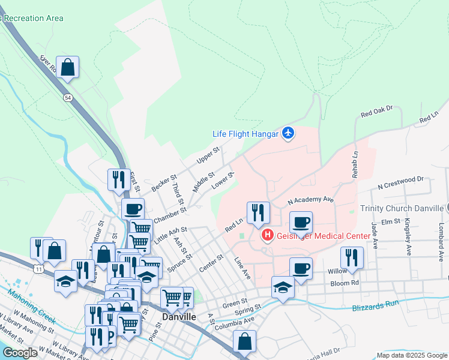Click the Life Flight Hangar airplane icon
288,133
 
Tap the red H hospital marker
268,236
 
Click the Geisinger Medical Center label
323,236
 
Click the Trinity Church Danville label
403,208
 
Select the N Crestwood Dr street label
401,180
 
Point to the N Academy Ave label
310,199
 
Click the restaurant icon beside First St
117,179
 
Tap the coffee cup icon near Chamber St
133,209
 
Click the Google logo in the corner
20,353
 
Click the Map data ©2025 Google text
411,355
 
